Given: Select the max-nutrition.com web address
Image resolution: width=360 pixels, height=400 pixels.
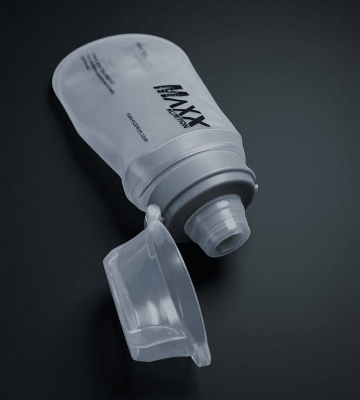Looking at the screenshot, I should pos(137,127).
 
